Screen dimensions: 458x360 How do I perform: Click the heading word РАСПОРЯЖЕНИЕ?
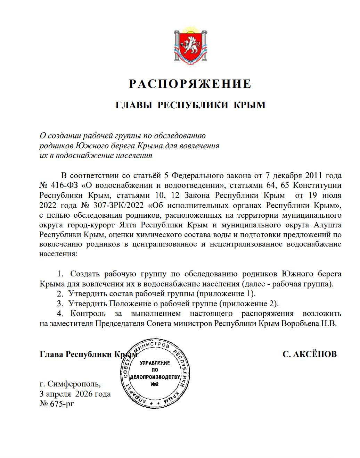tap(190, 84)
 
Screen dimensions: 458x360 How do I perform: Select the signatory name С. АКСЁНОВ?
tap(310, 354)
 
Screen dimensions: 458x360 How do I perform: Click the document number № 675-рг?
tap(57, 404)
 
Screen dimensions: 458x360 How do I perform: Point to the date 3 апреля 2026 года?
tap(75, 394)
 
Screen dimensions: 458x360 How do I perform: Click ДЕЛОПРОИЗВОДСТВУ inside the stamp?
tap(155, 377)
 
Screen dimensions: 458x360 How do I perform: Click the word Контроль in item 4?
tap(88, 314)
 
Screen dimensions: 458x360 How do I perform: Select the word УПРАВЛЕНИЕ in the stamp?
tap(155, 363)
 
